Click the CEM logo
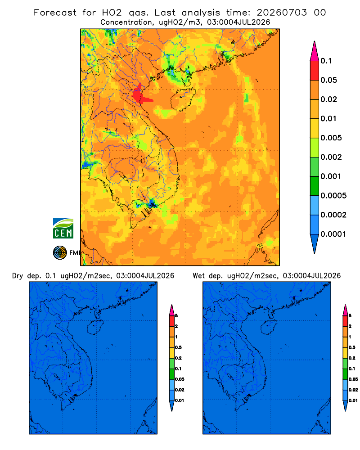point(63,229)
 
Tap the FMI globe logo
point(60,253)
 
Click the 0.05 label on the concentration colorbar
point(328,80)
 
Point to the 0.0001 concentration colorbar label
point(333,234)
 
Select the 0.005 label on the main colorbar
point(331,138)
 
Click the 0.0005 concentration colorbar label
point(333,196)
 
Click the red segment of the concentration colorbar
point(315,71)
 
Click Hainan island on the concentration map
point(183,99)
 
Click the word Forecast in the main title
point(55,13)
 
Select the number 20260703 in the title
point(282,13)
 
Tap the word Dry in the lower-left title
point(18,276)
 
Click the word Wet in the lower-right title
point(198,276)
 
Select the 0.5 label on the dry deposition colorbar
point(178,347)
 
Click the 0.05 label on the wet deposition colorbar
point(353,379)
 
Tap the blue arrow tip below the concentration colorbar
point(315,253)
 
